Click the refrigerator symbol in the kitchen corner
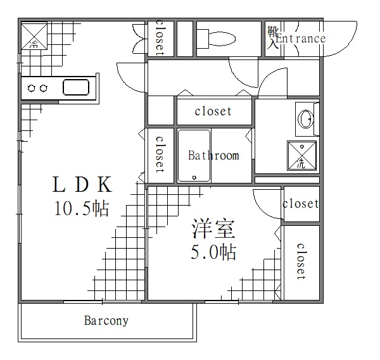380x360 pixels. click(x=34, y=37)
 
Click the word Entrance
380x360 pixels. click(x=301, y=39)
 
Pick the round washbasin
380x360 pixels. click(x=306, y=118)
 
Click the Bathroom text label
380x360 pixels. click(x=213, y=155)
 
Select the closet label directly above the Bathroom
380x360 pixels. click(x=213, y=112)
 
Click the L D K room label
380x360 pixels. click(x=82, y=185)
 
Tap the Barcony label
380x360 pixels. click(x=106, y=321)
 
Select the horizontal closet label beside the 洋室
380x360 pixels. click(x=301, y=204)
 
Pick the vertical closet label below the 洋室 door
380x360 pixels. click(x=300, y=261)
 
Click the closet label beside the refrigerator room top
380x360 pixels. click(x=160, y=38)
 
